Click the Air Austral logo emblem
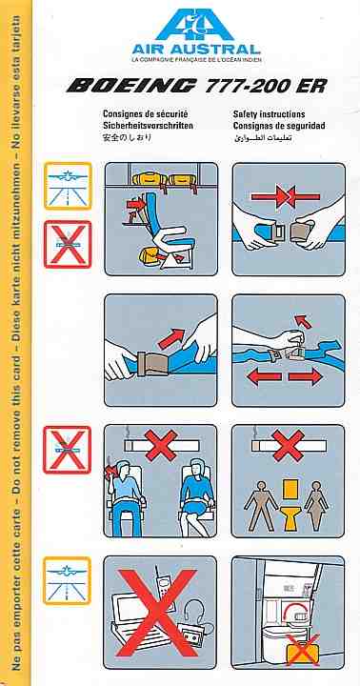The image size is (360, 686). (194, 25)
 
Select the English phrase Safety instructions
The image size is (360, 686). (269, 114)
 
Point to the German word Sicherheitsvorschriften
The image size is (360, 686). (148, 126)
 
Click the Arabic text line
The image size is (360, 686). (263, 138)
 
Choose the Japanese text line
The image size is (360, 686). (127, 138)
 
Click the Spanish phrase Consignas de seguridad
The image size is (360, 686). (279, 126)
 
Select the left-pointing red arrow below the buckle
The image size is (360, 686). (264, 377)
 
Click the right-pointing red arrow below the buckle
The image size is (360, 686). (306, 377)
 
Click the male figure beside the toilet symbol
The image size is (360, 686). (261, 505)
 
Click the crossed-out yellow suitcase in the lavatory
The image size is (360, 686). (302, 650)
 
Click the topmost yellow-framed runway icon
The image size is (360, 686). (68, 186)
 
